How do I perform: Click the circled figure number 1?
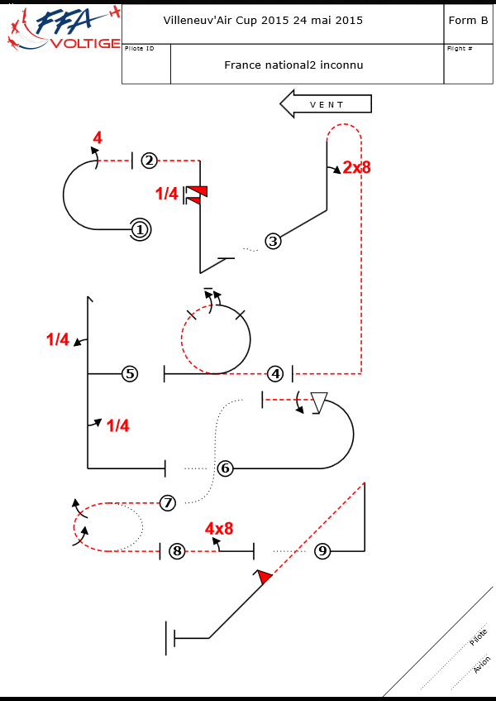coord(140,229)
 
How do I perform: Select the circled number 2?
coord(149,161)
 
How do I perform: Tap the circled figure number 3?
coord(273,241)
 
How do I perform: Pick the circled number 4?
coord(276,374)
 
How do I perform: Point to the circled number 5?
coord(130,374)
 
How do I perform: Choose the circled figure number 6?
coord(225,468)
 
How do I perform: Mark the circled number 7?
coord(168,502)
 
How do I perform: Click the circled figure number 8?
coord(177,550)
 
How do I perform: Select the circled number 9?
coord(323,550)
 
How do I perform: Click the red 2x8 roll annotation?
coord(356,167)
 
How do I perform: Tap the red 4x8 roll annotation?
coord(219,528)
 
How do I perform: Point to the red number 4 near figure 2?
coord(98,138)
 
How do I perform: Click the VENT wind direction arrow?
coord(326,104)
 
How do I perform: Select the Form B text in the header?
coord(468,21)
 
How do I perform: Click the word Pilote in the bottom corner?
coord(478,637)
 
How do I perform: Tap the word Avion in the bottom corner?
coord(481,665)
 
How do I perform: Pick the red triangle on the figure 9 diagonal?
coord(264,577)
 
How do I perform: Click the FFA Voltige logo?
coord(62,30)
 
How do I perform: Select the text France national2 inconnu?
coord(293,65)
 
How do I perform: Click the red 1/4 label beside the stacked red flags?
coord(167,194)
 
